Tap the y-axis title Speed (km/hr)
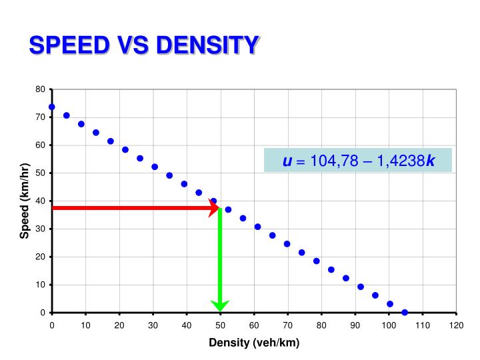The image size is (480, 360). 25,201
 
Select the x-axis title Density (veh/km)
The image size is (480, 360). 254,343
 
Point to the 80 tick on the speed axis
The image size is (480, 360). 41,89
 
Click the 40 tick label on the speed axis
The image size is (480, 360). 41,201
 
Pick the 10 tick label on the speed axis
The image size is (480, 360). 41,285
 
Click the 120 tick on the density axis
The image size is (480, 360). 456,325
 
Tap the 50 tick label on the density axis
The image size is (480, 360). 220,325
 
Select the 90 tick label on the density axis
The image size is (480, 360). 355,325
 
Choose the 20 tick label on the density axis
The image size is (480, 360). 119,325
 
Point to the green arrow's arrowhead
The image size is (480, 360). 220,305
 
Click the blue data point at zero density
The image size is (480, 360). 52,107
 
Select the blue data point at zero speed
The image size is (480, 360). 405,312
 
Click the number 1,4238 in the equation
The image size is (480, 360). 401,161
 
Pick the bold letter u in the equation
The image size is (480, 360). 287,161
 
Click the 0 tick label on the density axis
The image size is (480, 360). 52,325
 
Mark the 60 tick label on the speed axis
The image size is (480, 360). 41,145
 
